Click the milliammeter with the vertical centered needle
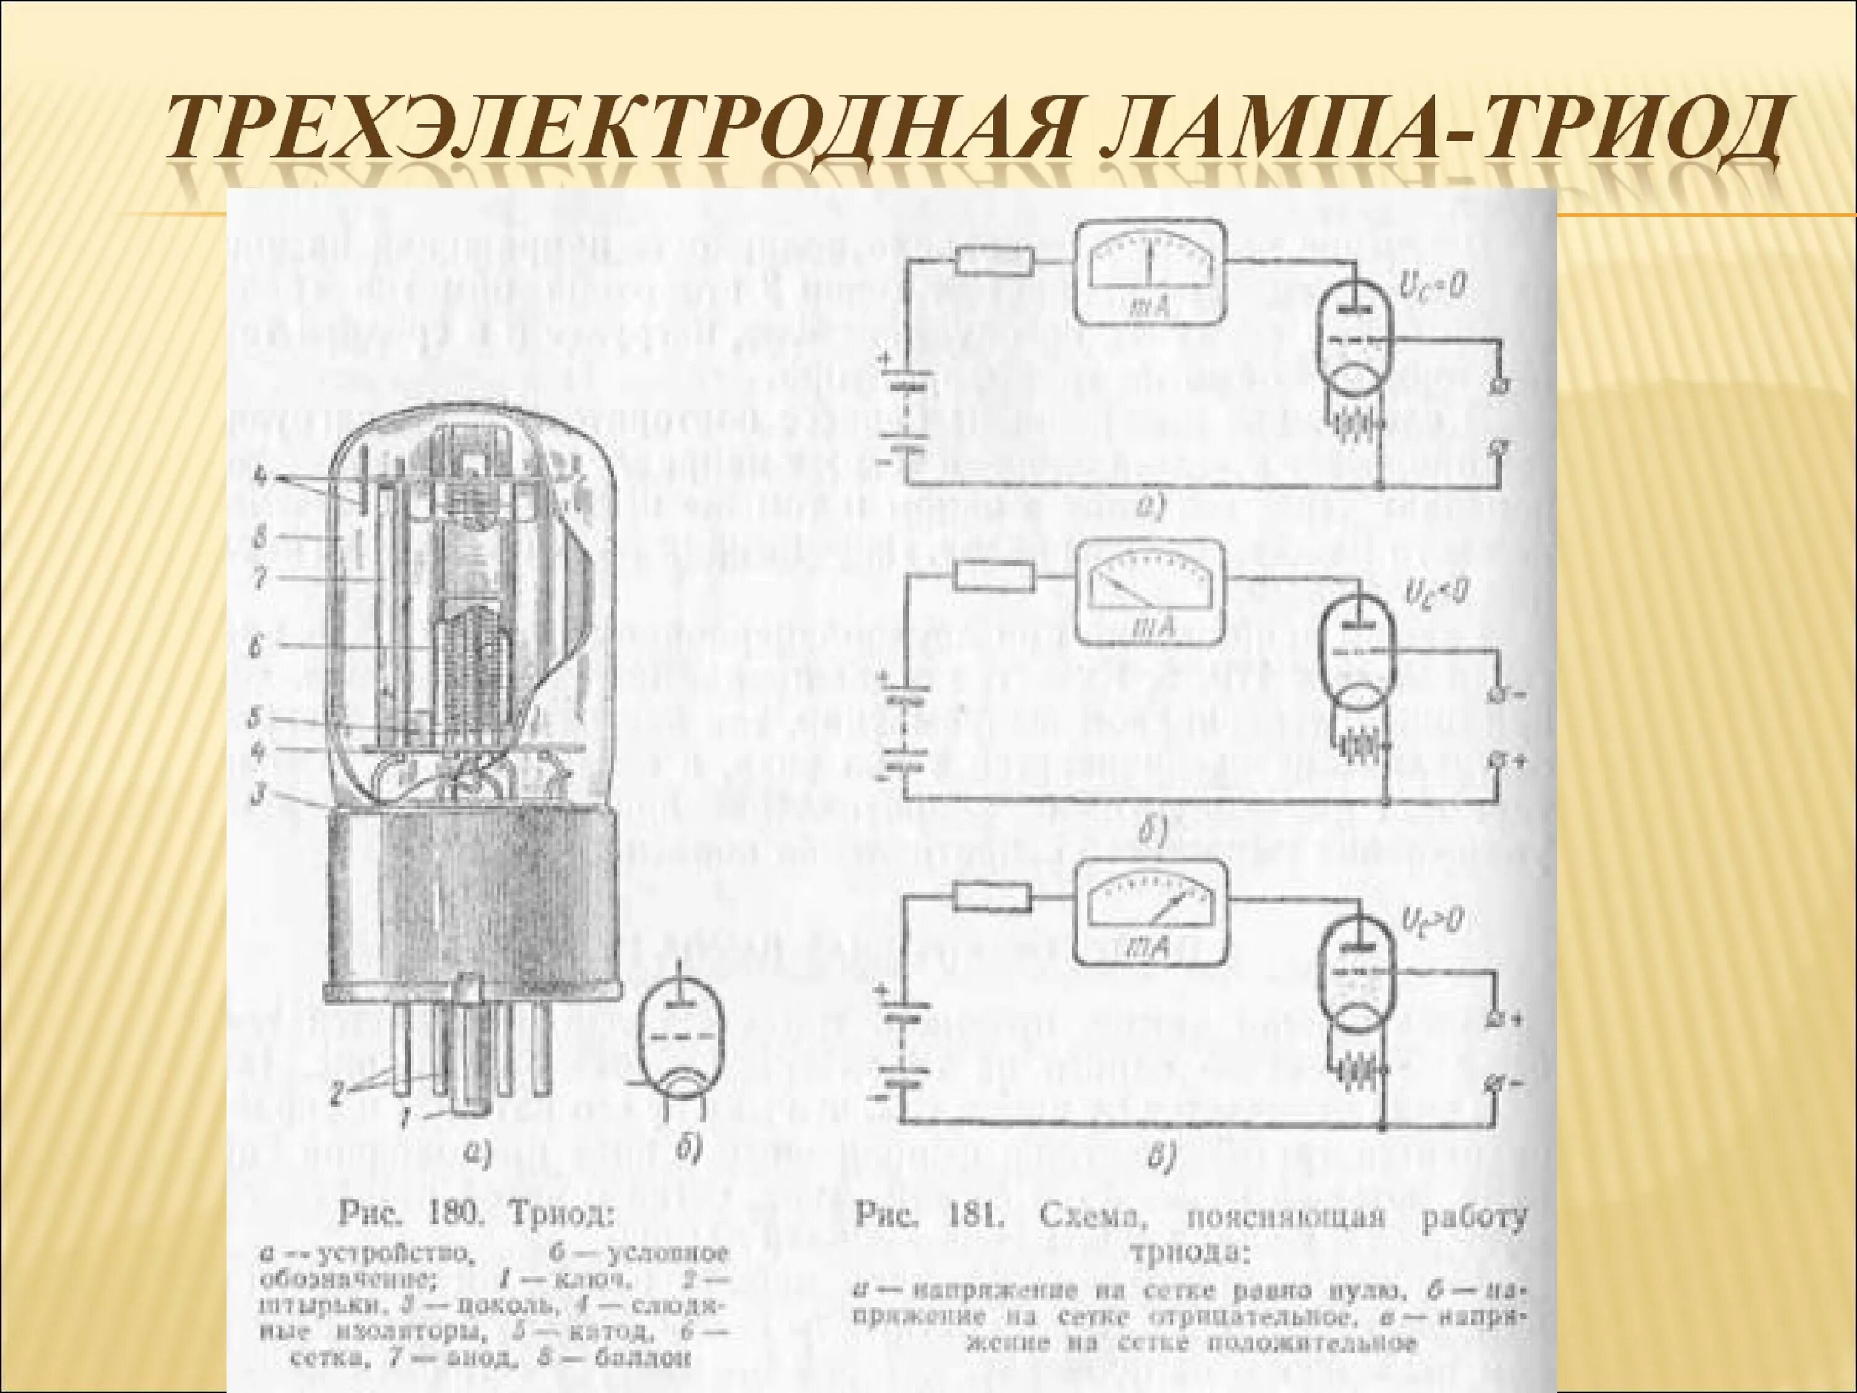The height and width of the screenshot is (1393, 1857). (x=1148, y=271)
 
